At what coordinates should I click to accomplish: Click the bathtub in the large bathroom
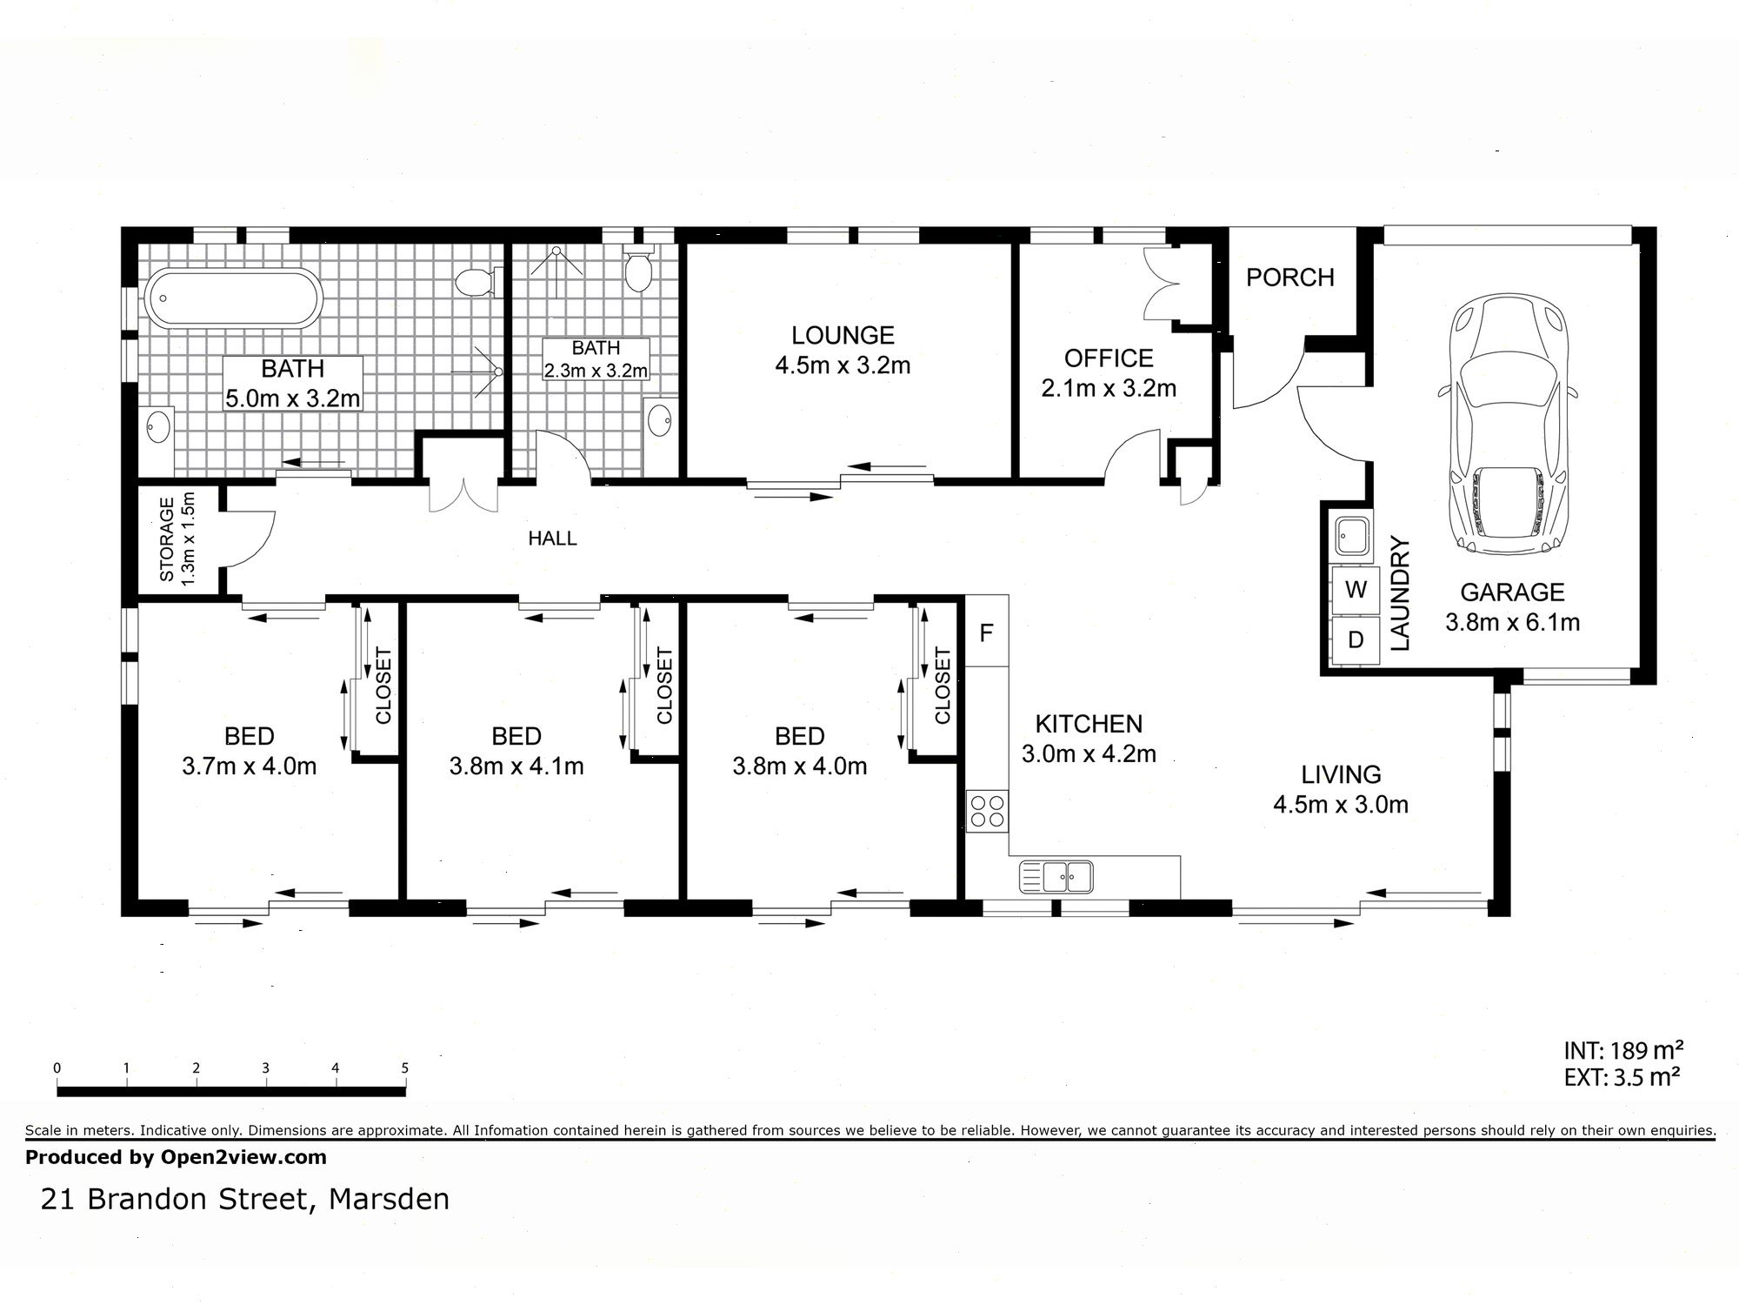[233, 298]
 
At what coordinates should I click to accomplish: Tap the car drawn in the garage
[1508, 424]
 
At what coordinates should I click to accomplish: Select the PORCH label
[1289, 278]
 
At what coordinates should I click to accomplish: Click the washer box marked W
[1356, 590]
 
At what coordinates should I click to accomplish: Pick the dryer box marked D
[1356, 640]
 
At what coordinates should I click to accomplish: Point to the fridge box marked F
[986, 632]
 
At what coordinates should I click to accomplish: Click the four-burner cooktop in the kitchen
[987, 811]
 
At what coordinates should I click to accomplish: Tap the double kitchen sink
[1056, 876]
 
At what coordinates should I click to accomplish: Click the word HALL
[552, 539]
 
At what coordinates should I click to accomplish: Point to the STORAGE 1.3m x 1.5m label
[177, 539]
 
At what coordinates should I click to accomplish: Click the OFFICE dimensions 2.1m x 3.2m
[1109, 388]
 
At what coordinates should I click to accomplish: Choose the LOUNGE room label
[843, 335]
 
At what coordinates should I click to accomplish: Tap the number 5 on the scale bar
[404, 1068]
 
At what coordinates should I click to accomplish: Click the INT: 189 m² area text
[1623, 1049]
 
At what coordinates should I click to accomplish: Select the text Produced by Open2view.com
[176, 1157]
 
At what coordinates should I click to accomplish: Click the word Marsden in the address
[389, 1199]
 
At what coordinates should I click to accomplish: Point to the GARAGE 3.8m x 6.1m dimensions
[1512, 622]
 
